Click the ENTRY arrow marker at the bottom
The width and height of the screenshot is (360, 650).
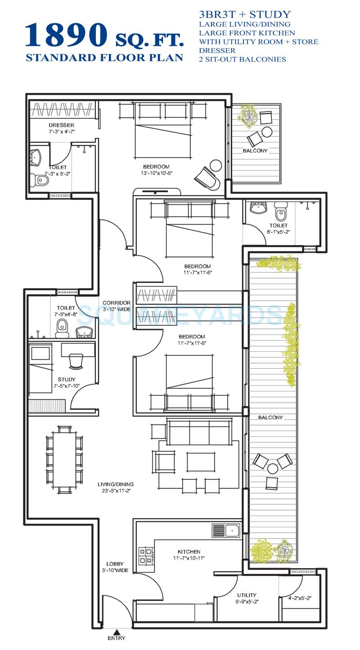[x=117, y=631]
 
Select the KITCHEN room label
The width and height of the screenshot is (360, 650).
[x=189, y=551]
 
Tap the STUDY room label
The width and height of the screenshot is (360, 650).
[x=67, y=379]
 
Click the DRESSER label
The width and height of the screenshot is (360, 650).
[x=61, y=125]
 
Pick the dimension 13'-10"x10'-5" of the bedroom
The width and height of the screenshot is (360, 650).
[x=157, y=173]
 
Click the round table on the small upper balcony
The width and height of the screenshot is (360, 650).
[x=267, y=132]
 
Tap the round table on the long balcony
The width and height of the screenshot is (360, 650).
[x=273, y=469]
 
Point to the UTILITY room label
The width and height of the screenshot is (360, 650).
[x=247, y=595]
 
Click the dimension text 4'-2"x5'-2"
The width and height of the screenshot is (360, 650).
[x=300, y=599]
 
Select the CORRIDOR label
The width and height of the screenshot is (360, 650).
[x=117, y=303]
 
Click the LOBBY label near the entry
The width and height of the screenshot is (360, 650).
[x=115, y=564]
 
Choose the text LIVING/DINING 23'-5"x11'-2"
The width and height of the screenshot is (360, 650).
[x=116, y=487]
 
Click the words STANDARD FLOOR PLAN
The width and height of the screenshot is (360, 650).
[x=104, y=58]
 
